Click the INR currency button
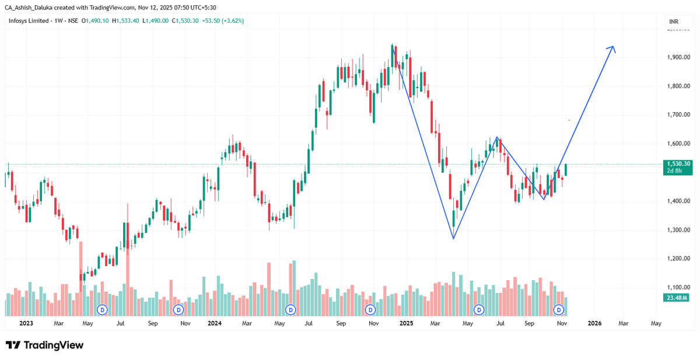pyautogui.click(x=674, y=22)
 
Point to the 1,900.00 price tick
pyautogui.click(x=678, y=57)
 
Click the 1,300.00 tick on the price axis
pyautogui.click(x=678, y=230)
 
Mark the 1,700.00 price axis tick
pyautogui.click(x=678, y=115)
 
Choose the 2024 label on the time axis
pyautogui.click(x=214, y=323)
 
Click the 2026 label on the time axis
pyautogui.click(x=594, y=323)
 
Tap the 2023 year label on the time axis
pyautogui.click(x=26, y=323)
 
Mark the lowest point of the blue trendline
pyautogui.click(x=453, y=238)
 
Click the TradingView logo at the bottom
pyautogui.click(x=45, y=345)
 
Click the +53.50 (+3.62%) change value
pyautogui.click(x=222, y=20)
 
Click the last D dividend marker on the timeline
pyautogui.click(x=559, y=309)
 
